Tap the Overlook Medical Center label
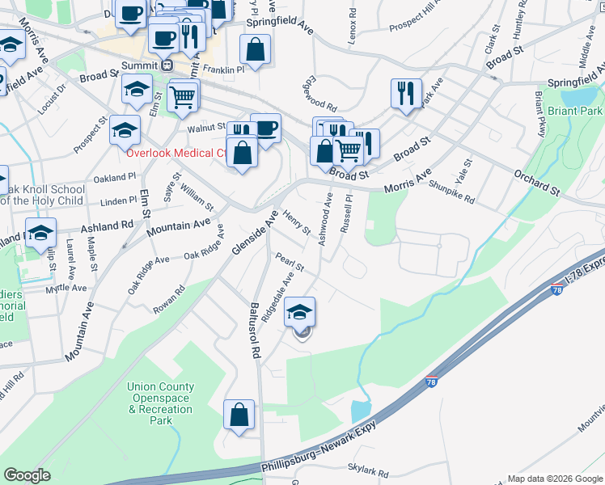click(176, 153)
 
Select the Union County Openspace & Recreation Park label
click(161, 403)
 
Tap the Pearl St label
click(289, 262)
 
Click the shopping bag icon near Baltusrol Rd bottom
click(239, 415)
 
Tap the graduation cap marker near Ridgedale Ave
click(299, 312)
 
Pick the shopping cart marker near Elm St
click(184, 97)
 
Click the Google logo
click(27, 475)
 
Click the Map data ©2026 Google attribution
click(555, 479)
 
